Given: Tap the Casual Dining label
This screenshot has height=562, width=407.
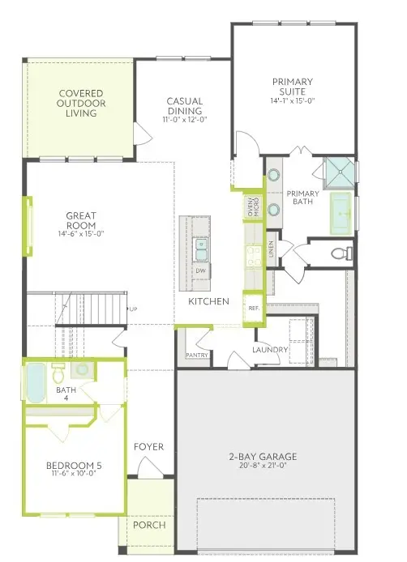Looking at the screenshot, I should click(185, 106).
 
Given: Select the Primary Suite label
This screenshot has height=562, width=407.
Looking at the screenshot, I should click(293, 87).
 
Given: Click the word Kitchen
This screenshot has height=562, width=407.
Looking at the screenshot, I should click(209, 301).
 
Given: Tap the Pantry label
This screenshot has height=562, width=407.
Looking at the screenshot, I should click(197, 355).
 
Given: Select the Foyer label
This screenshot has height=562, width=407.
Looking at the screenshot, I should click(149, 446).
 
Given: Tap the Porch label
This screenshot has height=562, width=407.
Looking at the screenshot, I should click(150, 525).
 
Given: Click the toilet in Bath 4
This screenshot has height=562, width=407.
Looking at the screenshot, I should click(58, 374).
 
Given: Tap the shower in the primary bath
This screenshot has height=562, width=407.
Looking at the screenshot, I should click(339, 172).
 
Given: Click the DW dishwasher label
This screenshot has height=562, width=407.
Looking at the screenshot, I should click(199, 270).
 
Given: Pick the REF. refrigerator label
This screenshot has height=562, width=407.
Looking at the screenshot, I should click(253, 308).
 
